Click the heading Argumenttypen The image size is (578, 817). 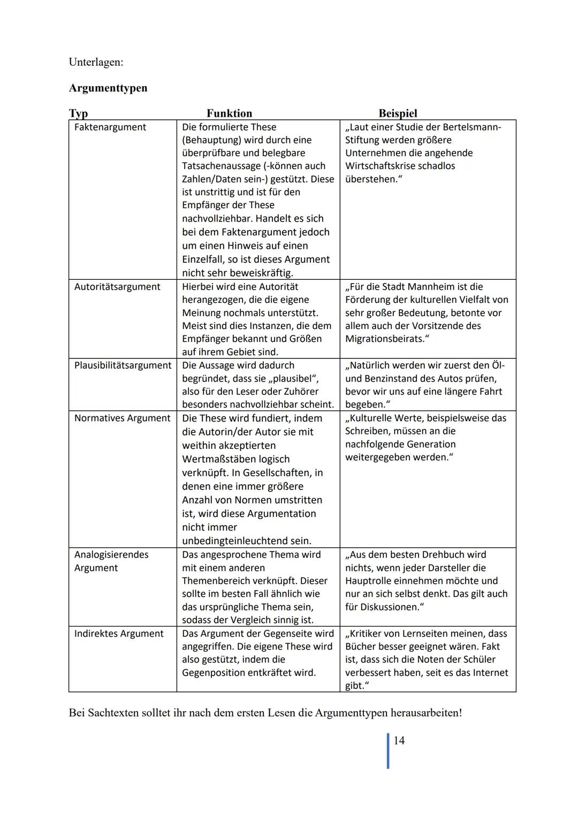108,88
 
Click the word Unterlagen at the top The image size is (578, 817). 95,62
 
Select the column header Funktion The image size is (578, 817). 229,113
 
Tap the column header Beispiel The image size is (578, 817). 398,113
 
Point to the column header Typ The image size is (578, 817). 78,113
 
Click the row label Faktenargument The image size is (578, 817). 110,127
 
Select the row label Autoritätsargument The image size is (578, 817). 117,287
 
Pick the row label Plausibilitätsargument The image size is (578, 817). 123,365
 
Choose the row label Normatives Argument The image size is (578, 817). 122,418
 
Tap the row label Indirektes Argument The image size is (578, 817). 118,633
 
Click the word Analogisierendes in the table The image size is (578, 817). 111,555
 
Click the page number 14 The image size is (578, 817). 399,740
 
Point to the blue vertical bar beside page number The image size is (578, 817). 388,750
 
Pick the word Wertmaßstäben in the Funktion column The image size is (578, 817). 235,459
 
